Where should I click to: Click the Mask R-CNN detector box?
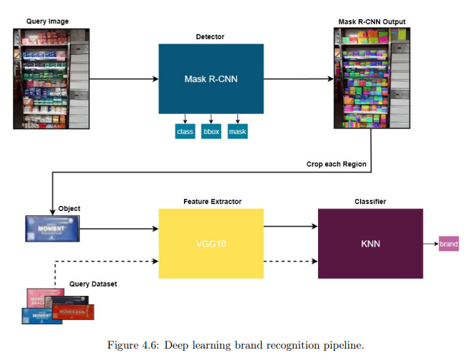coord(210,78)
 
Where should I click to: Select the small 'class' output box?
coord(185,132)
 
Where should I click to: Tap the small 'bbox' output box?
coord(211,132)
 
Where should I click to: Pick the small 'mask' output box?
coord(237,132)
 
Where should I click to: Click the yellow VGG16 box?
coord(210,243)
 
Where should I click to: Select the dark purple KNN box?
coord(370,243)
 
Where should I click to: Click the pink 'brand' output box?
coord(448,244)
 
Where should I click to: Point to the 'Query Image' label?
coord(47,21)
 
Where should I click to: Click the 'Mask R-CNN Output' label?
coord(371,21)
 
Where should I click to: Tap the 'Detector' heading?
coord(210,36)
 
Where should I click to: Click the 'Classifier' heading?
coord(370,202)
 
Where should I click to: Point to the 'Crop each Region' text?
coord(337,164)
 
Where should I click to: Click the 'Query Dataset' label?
coord(93,284)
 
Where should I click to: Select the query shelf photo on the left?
coord(51,78)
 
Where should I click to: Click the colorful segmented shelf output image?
coord(372,78)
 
